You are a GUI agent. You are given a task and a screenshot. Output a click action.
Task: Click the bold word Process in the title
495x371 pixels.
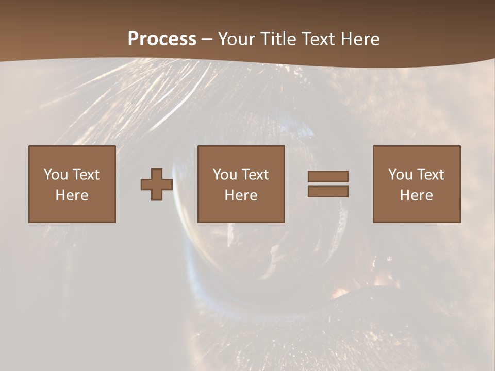point(162,39)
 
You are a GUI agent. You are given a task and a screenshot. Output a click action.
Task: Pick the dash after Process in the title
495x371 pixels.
point(207,39)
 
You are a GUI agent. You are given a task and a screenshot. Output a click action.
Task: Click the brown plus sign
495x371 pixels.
point(157,184)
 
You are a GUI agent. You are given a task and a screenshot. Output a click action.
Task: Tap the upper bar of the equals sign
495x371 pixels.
point(328,176)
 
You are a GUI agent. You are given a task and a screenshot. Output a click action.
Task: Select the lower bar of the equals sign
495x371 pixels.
point(328,192)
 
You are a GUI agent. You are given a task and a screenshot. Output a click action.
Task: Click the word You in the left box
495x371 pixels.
point(56,175)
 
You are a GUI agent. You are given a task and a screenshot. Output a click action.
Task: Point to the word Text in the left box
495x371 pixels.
point(86,175)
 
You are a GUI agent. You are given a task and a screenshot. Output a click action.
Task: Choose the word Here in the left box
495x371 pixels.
point(72,195)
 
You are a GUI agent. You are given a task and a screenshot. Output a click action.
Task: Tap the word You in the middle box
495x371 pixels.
point(225,175)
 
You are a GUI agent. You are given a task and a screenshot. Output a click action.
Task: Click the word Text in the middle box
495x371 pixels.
point(255,175)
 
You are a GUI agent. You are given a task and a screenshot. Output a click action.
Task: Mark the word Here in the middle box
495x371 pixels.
point(241,195)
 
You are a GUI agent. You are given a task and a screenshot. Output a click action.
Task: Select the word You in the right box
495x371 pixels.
point(400,175)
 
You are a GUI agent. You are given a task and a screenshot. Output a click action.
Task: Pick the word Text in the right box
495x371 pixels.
point(430,175)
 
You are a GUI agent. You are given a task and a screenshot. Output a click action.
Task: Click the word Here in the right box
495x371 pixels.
point(416,195)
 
